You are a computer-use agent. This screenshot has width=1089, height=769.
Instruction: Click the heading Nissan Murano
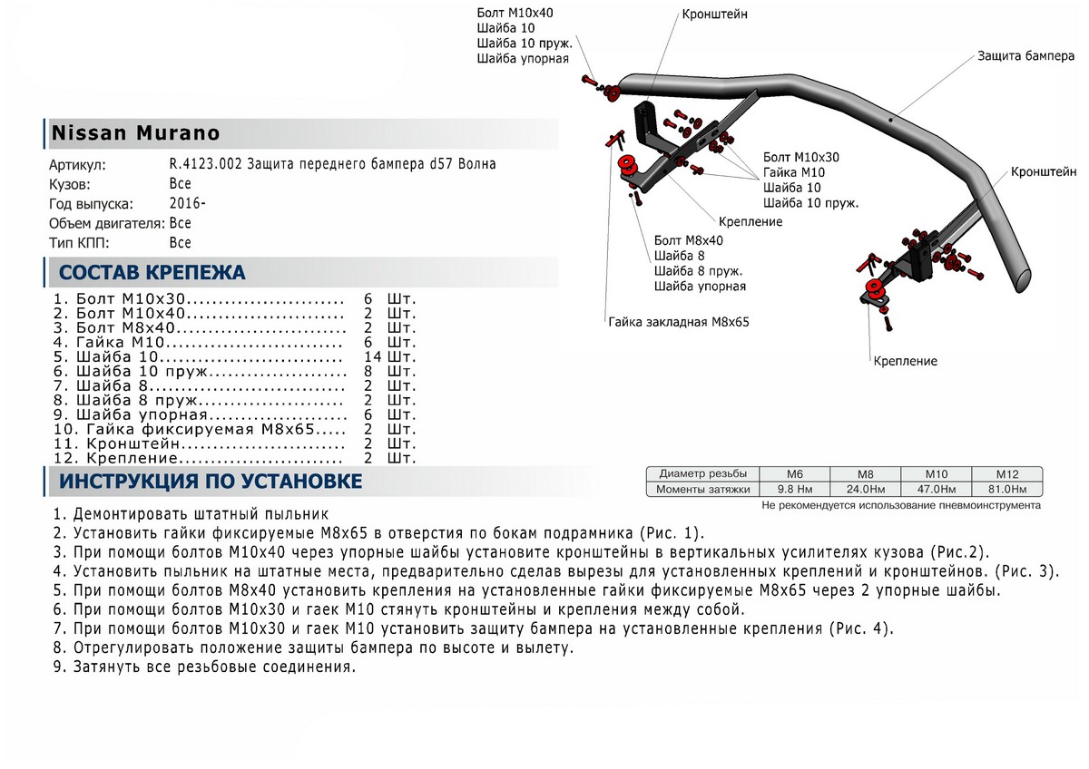click(134, 133)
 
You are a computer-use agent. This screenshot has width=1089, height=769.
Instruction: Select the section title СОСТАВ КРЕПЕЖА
click(152, 273)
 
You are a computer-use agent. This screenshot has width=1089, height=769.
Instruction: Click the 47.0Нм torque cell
click(936, 490)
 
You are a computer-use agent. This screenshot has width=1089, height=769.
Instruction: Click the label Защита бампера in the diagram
click(1025, 55)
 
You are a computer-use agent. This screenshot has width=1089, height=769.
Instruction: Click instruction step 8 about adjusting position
click(313, 648)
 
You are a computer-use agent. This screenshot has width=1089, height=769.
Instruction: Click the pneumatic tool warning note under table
click(901, 505)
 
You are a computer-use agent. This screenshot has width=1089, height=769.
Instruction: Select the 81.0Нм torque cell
click(1006, 490)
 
